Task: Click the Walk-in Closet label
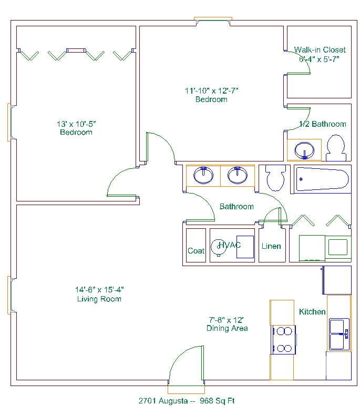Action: coord(320,50)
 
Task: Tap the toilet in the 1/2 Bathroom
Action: coord(336,148)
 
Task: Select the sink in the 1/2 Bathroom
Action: coord(304,150)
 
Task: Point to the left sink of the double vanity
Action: coord(203,175)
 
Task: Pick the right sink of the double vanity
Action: coord(238,175)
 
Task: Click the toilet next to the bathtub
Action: coord(275,177)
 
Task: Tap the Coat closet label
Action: coord(196,251)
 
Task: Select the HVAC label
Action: coord(230,245)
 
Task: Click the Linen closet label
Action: coord(271,246)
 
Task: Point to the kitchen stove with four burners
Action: coord(283,340)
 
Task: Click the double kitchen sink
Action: coord(339,335)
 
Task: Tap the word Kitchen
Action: coord(312,312)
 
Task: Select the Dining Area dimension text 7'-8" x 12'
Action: coord(226,320)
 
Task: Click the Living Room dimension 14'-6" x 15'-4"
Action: coord(99,290)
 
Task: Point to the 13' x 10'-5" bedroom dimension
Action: coord(76,124)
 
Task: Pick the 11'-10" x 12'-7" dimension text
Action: coord(212,91)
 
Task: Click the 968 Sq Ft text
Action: coord(217,401)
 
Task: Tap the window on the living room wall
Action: coord(10,295)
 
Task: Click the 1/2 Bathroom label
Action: coord(323,124)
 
